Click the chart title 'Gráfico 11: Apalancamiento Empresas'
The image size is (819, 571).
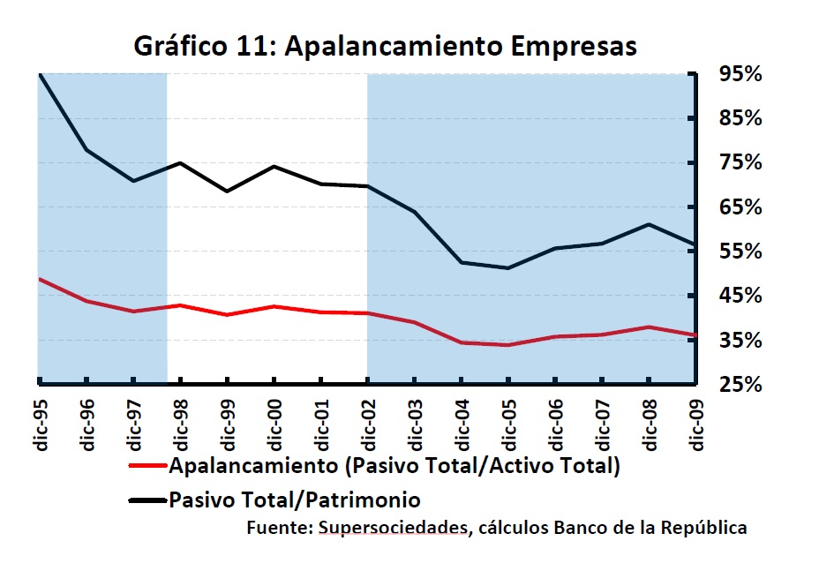(385, 45)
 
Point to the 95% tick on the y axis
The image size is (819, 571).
(740, 74)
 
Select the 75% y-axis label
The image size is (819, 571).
(740, 162)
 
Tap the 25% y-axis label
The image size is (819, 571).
(740, 385)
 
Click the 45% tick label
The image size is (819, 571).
(740, 296)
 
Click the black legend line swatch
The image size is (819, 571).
(147, 500)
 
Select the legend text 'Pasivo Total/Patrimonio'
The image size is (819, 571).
(295, 500)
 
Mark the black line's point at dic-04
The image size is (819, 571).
(462, 262)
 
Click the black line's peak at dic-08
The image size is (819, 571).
(649, 224)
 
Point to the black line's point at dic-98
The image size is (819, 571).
(180, 163)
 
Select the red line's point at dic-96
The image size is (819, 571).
(86, 301)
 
